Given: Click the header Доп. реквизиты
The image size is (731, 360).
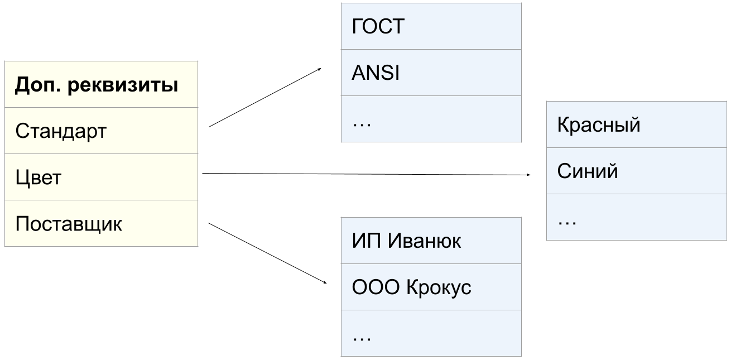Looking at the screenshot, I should pos(97,85).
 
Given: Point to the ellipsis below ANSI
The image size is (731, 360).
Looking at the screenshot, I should pos(362,121).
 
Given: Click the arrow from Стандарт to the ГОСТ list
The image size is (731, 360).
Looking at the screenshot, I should pos(265,98).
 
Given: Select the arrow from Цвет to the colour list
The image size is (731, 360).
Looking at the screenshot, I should pos(365,175).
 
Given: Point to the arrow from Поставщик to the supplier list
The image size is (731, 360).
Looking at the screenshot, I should pos(267,254).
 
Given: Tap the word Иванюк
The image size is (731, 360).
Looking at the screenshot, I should pos(424,241).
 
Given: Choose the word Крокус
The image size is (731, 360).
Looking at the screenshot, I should pos(439,287).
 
